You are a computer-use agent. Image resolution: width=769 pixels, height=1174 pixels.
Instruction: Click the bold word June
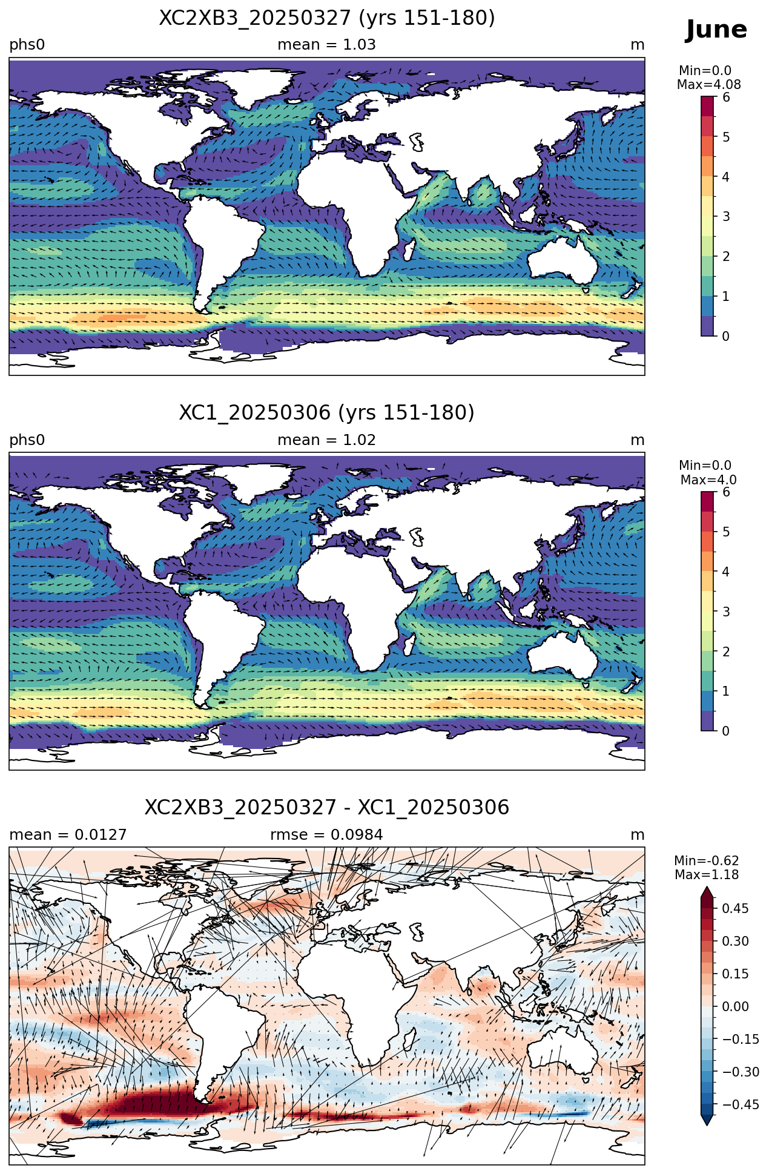point(716,30)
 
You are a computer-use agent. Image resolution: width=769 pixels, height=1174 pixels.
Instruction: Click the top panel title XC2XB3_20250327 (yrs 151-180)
point(327,18)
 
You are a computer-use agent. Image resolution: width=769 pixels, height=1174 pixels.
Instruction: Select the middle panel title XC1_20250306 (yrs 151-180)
point(327,413)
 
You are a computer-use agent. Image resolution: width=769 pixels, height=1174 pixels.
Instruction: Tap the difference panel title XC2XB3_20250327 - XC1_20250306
point(327,808)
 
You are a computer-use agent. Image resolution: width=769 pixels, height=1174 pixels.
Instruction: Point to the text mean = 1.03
point(326,45)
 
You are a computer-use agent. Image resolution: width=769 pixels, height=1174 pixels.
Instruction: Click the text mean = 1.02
point(326,440)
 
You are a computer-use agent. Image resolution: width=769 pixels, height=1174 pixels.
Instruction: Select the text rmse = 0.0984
point(326,835)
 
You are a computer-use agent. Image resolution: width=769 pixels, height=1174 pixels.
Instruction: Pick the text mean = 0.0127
point(68,835)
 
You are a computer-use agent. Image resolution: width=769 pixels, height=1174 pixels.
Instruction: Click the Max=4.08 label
point(708,85)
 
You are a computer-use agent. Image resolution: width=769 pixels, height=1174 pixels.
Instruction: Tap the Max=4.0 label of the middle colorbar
point(708,480)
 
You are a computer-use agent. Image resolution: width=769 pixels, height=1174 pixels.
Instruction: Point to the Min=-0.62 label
point(707,861)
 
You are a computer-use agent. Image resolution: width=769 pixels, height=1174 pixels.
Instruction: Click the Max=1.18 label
point(707,875)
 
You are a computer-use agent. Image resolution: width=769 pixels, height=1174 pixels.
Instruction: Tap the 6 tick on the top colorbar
point(726,97)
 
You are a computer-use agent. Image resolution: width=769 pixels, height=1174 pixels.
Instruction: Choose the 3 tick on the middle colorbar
point(726,612)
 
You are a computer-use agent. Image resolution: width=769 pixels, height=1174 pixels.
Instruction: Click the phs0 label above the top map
point(27,45)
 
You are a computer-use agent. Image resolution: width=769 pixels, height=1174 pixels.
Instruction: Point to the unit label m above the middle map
point(638,440)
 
